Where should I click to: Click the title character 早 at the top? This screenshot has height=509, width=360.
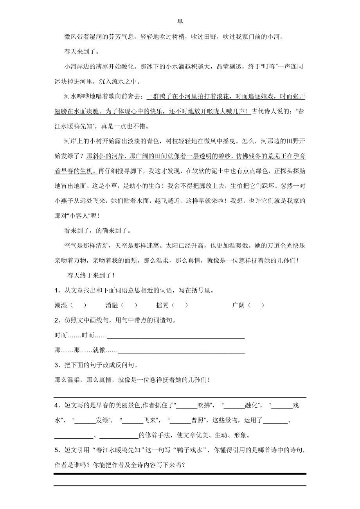point(180,22)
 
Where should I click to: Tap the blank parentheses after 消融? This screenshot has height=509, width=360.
point(129,305)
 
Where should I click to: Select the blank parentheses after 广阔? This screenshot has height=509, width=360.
point(256,305)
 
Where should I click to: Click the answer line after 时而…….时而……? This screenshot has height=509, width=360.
point(176,336)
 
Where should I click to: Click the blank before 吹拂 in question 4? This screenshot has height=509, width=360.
point(187,406)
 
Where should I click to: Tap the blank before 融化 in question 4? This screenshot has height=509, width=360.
point(234,406)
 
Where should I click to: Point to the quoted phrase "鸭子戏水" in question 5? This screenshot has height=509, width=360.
point(191,450)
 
